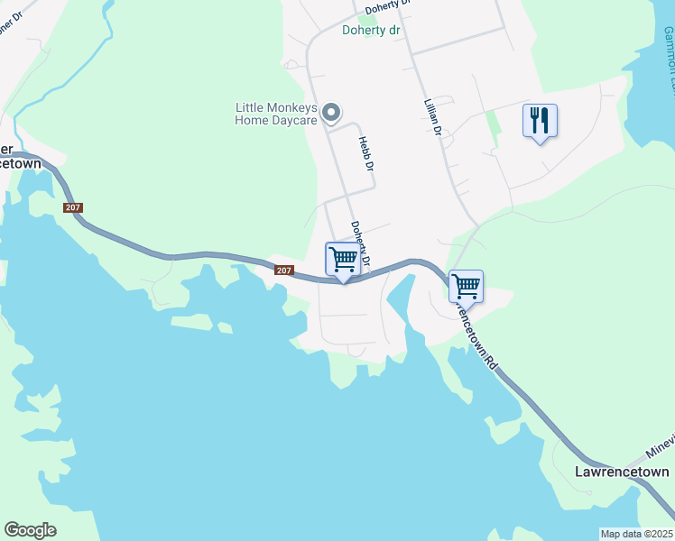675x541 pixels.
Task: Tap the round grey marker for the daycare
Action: click(331, 113)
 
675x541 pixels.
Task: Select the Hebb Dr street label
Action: click(365, 153)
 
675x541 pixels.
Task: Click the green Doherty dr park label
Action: click(370, 30)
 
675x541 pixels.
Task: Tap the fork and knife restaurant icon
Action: click(540, 120)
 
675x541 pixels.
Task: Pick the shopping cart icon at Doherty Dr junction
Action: click(343, 260)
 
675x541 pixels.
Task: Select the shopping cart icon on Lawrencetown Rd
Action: click(466, 287)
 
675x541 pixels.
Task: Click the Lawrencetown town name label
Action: click(623, 472)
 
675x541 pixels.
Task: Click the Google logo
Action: click(30, 530)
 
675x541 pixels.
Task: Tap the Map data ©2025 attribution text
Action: click(635, 534)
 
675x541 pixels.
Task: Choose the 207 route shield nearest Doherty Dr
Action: click(283, 270)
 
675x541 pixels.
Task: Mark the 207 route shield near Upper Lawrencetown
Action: click(73, 208)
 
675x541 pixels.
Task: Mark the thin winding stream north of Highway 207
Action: click(63, 90)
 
